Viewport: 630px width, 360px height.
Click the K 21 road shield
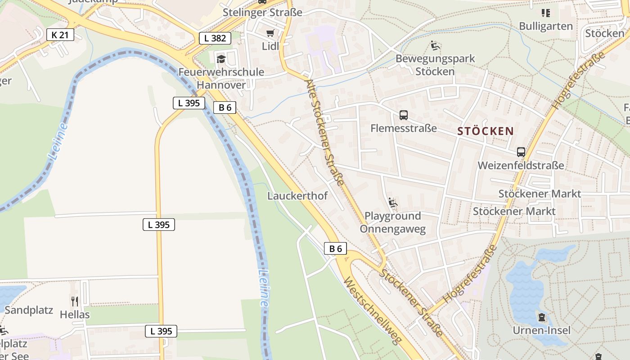(x=60, y=34)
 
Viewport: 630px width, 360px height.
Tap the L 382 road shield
(x=215, y=38)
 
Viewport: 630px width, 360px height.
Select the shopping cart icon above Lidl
(x=270, y=33)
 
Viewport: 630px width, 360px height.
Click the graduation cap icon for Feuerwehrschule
(x=221, y=59)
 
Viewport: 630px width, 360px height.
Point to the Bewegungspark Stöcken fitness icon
(x=435, y=45)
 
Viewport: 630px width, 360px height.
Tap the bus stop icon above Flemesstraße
(x=404, y=115)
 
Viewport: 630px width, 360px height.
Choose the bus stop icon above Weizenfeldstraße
(x=521, y=152)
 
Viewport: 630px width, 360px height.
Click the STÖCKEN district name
(x=486, y=131)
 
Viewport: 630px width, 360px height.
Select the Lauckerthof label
(x=297, y=196)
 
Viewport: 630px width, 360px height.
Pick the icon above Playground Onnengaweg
(x=393, y=203)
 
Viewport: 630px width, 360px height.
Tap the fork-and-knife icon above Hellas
(x=75, y=301)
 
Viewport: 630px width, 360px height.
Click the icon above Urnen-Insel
(x=542, y=318)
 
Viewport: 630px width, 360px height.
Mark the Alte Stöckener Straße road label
(x=324, y=133)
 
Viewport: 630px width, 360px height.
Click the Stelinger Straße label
(x=262, y=13)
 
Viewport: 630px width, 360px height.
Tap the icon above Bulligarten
(x=546, y=13)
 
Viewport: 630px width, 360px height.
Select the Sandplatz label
(x=29, y=310)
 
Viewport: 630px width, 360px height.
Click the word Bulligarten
(x=546, y=26)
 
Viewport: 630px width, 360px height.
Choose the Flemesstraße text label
(x=404, y=128)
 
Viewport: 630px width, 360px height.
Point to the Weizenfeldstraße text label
(x=521, y=165)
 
